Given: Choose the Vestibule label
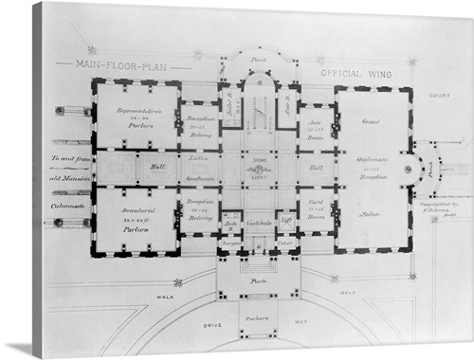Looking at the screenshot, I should pos(259,223).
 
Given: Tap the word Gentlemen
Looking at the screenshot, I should pos(200,179).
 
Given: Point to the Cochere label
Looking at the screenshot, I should pos(258,323).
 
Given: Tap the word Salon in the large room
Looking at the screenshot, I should pos(370,214).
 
